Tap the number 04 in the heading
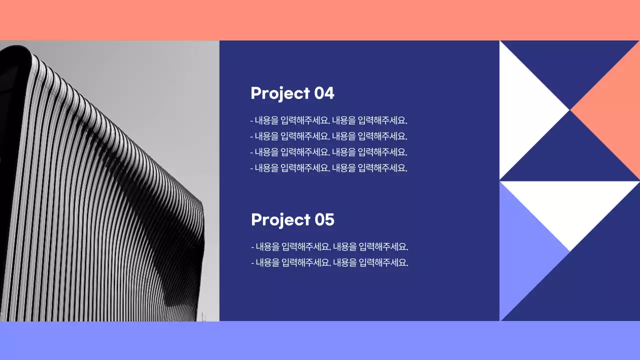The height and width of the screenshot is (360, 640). [324, 93]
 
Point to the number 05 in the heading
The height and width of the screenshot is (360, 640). [324, 219]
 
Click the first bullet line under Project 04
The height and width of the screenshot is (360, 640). [329, 120]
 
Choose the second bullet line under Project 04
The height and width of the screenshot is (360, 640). [329, 136]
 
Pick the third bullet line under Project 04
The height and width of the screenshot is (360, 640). [329, 152]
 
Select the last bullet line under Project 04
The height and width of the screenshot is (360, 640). [329, 168]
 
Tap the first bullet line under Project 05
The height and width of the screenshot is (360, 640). [330, 246]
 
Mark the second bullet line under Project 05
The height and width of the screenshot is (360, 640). [330, 262]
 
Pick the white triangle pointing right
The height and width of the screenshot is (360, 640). [522, 110]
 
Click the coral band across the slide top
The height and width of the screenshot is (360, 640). [320, 20]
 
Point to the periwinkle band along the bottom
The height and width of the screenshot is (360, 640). [320, 340]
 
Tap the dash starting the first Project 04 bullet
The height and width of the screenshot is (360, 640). [251, 121]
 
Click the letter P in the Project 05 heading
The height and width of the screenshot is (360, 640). [256, 219]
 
